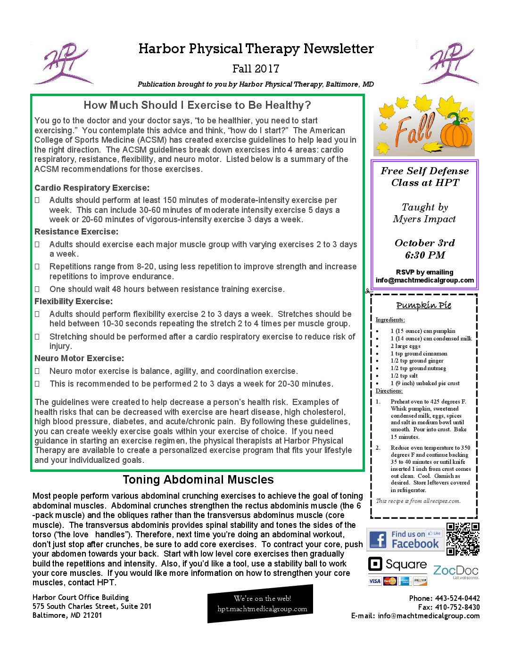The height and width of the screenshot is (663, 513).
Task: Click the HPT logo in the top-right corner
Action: [449, 64]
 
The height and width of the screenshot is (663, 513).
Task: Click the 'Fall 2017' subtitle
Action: [256, 69]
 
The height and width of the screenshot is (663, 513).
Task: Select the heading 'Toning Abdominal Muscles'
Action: [198, 480]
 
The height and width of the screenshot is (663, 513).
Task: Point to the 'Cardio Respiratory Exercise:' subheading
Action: [92, 188]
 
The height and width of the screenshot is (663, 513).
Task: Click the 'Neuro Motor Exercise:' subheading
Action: [79, 358]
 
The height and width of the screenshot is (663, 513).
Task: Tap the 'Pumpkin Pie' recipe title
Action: [423, 305]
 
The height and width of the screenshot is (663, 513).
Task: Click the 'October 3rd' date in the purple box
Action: [424, 243]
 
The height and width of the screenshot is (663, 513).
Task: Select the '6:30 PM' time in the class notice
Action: [424, 255]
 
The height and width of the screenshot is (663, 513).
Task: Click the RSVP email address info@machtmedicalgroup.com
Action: [424, 280]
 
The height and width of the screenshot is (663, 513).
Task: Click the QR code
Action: [463, 539]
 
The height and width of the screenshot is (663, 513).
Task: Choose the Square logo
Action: [397, 564]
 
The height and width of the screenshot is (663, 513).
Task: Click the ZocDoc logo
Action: [455, 571]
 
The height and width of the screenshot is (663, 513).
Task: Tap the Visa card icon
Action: [374, 581]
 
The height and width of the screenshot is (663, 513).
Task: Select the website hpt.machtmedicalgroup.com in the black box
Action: [262, 609]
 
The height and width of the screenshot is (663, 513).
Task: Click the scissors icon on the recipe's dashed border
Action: [369, 291]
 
